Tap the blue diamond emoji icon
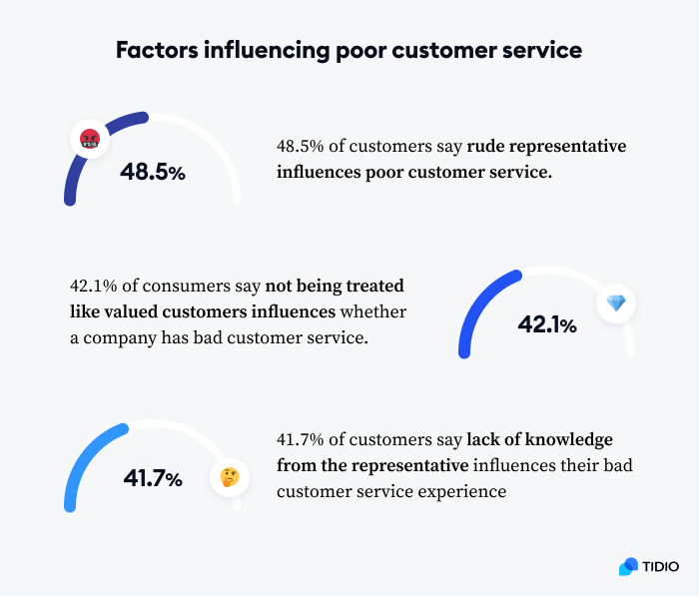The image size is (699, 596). pos(615,302)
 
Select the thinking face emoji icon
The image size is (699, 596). pos(229,476)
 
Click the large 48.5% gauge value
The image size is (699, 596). pos(153,172)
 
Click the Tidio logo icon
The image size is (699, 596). pos(628,566)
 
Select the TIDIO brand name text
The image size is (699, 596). pos(661,566)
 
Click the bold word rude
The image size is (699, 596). pos(485,147)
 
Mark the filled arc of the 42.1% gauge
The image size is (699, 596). pos(476,304)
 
